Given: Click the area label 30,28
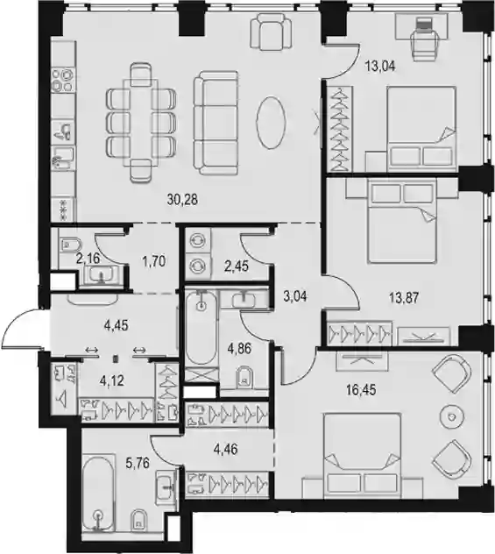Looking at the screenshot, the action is (x=182, y=200).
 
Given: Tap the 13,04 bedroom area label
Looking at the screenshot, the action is (x=380, y=66).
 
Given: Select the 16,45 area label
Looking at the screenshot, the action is (x=361, y=390).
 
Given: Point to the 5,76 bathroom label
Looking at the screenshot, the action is (x=138, y=463).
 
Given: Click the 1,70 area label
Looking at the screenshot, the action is (x=154, y=261).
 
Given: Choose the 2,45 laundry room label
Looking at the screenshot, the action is (x=237, y=266).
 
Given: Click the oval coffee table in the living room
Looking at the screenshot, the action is (x=271, y=122).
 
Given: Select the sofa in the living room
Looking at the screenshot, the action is (x=216, y=123).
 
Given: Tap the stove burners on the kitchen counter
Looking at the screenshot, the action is (x=62, y=80).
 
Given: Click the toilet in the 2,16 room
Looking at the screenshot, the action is (x=71, y=245).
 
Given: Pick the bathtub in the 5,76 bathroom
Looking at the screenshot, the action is (x=98, y=494).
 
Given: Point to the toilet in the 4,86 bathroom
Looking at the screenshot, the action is (x=244, y=377).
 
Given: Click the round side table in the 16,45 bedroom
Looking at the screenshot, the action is (x=451, y=417).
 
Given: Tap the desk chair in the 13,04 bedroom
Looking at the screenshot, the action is (x=425, y=39).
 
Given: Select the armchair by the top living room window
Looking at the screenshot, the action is (x=272, y=32).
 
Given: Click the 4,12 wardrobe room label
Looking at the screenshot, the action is (x=112, y=380).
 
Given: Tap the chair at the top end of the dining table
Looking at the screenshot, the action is (x=141, y=75).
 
